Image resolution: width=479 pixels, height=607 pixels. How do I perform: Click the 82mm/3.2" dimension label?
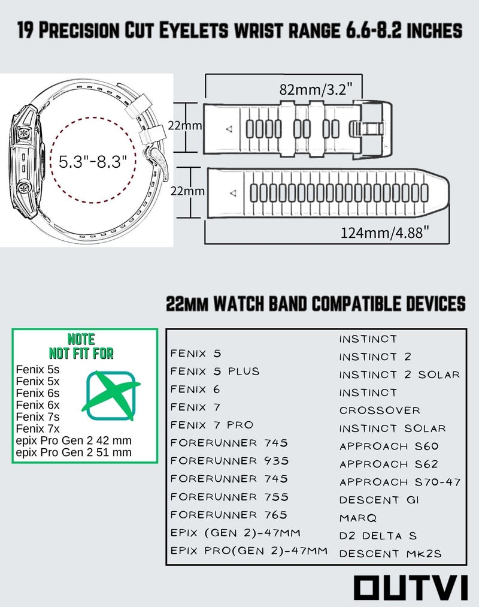click(x=316, y=89)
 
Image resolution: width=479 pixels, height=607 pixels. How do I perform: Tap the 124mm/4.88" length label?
click(x=384, y=232)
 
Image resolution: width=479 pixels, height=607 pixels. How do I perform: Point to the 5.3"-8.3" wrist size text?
click(x=93, y=161)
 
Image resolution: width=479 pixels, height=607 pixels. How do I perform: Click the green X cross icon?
click(x=111, y=395)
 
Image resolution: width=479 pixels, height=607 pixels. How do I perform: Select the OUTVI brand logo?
click(x=411, y=588)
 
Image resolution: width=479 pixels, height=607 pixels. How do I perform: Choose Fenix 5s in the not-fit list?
click(x=38, y=369)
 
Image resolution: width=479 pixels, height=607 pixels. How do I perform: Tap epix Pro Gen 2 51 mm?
click(x=74, y=452)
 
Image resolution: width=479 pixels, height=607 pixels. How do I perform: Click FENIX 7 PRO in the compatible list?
click(x=211, y=425)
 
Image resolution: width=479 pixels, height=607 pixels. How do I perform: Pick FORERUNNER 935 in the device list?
click(x=229, y=461)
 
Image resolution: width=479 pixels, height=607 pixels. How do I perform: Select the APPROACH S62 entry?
click(x=389, y=464)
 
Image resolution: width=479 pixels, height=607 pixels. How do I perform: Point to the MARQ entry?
click(x=358, y=518)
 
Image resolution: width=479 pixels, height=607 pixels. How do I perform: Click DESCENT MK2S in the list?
click(x=390, y=554)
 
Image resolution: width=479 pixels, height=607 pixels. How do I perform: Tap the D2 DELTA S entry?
click(x=378, y=536)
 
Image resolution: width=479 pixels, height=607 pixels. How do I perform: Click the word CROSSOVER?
click(x=380, y=410)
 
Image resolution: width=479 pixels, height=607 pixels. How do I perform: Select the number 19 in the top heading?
click(x=26, y=30)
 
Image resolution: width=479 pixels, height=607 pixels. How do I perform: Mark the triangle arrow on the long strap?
click(x=233, y=192)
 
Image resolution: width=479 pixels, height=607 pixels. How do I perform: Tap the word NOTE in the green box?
click(x=81, y=339)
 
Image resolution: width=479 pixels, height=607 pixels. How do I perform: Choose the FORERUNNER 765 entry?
click(x=229, y=515)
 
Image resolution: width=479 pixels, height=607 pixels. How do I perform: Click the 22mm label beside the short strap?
click(x=184, y=125)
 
